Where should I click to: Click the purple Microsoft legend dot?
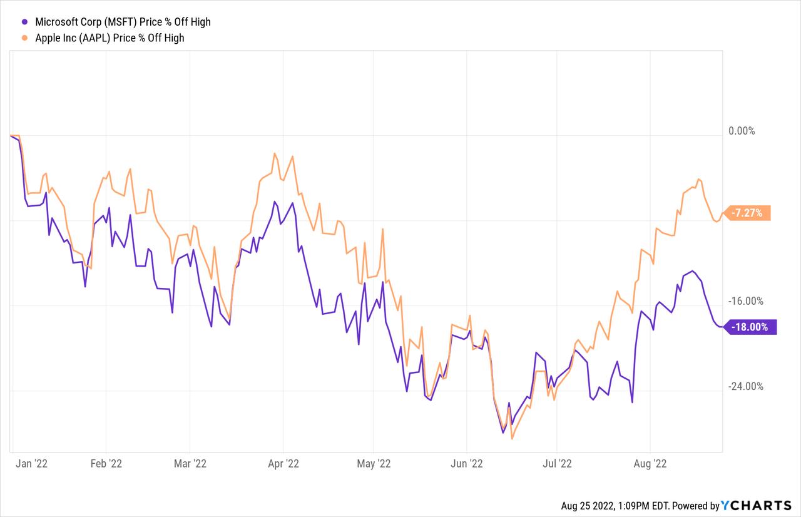pos(24,22)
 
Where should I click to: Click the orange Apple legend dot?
pos(24,38)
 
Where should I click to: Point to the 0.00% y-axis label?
pos(742,131)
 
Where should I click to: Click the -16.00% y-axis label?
pos(745,301)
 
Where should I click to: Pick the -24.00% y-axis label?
pos(745,386)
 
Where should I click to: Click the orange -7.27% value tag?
pos(747,213)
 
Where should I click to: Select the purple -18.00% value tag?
pos(750,327)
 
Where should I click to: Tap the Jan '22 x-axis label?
pos(31,464)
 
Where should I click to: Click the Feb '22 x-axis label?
pos(106,464)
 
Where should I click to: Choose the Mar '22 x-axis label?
pos(190,464)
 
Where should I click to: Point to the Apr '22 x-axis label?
pos(283,464)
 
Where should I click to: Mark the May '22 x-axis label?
pos(374,464)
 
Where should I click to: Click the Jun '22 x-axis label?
pos(467,464)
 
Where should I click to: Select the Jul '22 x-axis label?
pos(557,464)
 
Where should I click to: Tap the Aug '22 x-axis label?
pos(650,464)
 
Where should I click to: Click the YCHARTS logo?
pos(756,506)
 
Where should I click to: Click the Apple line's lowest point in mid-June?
pos(512,439)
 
